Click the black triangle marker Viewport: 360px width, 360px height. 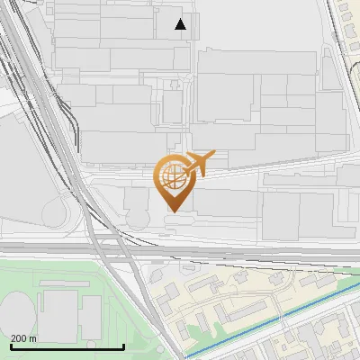point(181,24)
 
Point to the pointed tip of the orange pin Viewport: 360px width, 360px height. point(172,211)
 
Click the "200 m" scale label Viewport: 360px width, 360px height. point(24,339)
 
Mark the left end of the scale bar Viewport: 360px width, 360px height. point(10,347)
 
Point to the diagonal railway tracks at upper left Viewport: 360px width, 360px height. point(36,81)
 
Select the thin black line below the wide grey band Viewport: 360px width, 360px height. point(270,260)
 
